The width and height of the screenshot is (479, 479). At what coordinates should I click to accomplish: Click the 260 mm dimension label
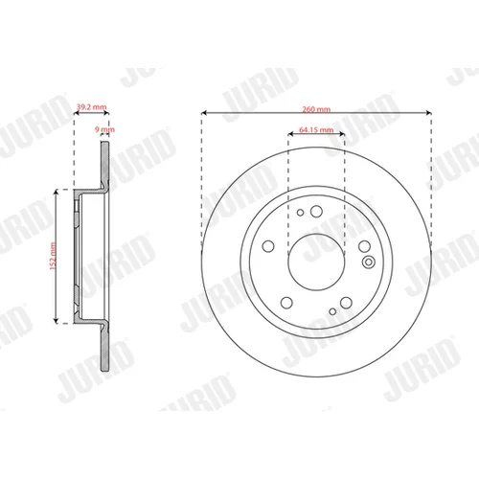click(316, 109)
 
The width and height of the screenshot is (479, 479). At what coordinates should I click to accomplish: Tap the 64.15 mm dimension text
click(316, 130)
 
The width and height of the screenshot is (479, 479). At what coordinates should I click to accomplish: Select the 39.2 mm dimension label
click(92, 106)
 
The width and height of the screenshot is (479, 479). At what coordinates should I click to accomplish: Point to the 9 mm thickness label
click(104, 129)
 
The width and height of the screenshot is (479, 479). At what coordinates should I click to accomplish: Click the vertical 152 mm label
click(53, 256)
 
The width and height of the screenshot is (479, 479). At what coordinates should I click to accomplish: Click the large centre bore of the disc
click(316, 262)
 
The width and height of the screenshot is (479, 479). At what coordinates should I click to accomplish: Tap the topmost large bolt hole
click(316, 211)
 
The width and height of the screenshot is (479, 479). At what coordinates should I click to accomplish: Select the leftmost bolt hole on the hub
click(268, 246)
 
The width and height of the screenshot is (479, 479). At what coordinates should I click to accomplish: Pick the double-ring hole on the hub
click(369, 262)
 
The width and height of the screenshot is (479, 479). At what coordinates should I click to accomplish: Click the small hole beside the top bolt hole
click(300, 213)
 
